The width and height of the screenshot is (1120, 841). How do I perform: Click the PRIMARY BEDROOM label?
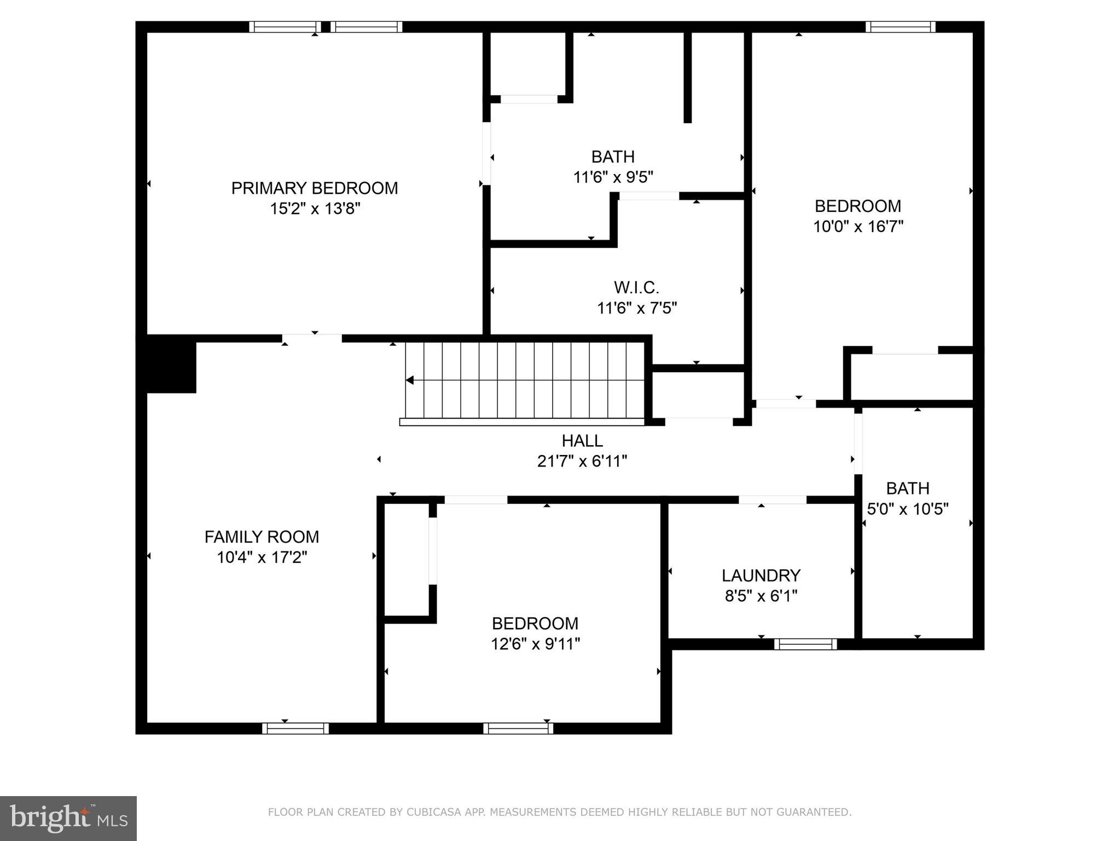(x=314, y=188)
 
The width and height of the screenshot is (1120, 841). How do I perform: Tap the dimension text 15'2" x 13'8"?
(x=315, y=209)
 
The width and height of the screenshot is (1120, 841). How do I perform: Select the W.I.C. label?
(x=636, y=287)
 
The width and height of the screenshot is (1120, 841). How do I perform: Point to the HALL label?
(x=582, y=441)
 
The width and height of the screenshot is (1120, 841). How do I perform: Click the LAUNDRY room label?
(x=761, y=575)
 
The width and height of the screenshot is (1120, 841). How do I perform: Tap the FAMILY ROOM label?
(x=262, y=537)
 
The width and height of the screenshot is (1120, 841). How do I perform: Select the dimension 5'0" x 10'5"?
(x=908, y=509)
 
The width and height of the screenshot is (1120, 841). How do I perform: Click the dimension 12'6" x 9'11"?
(x=535, y=644)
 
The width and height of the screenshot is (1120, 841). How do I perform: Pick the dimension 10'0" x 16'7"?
(x=858, y=227)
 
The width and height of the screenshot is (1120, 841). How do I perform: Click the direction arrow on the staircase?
(x=410, y=380)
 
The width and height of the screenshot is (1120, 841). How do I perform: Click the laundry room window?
(x=805, y=644)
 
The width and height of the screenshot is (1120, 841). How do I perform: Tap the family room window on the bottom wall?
(x=295, y=728)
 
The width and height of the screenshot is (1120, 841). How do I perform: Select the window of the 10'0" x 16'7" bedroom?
(x=900, y=27)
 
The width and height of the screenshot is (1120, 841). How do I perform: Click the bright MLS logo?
(x=68, y=818)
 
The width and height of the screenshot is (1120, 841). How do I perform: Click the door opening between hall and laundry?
(x=772, y=499)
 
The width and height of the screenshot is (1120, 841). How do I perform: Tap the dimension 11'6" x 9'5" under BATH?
(x=613, y=177)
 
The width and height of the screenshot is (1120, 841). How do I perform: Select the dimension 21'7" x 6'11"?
(x=582, y=462)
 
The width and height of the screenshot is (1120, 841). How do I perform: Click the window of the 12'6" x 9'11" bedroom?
(x=518, y=728)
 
